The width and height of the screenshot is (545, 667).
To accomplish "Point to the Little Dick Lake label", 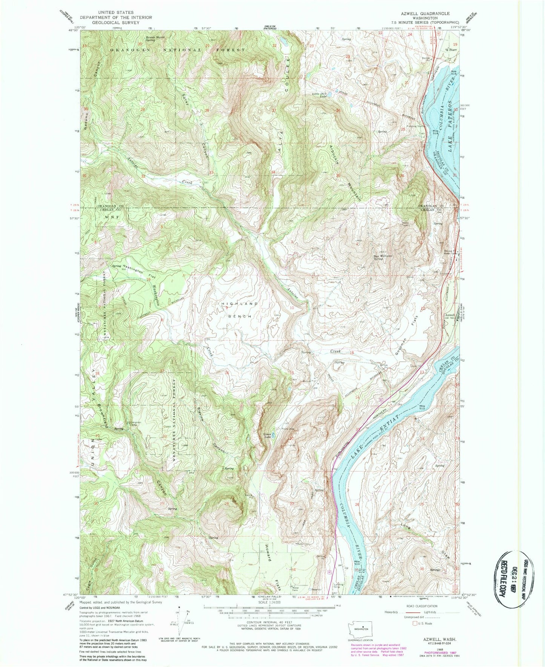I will coord(319,95).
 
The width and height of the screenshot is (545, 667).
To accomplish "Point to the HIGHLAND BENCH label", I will coord(240,310).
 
